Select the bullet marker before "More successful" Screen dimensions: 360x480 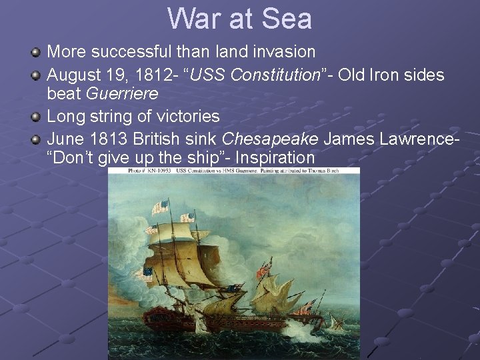click(37, 51)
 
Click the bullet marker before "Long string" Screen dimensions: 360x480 click(37, 117)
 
